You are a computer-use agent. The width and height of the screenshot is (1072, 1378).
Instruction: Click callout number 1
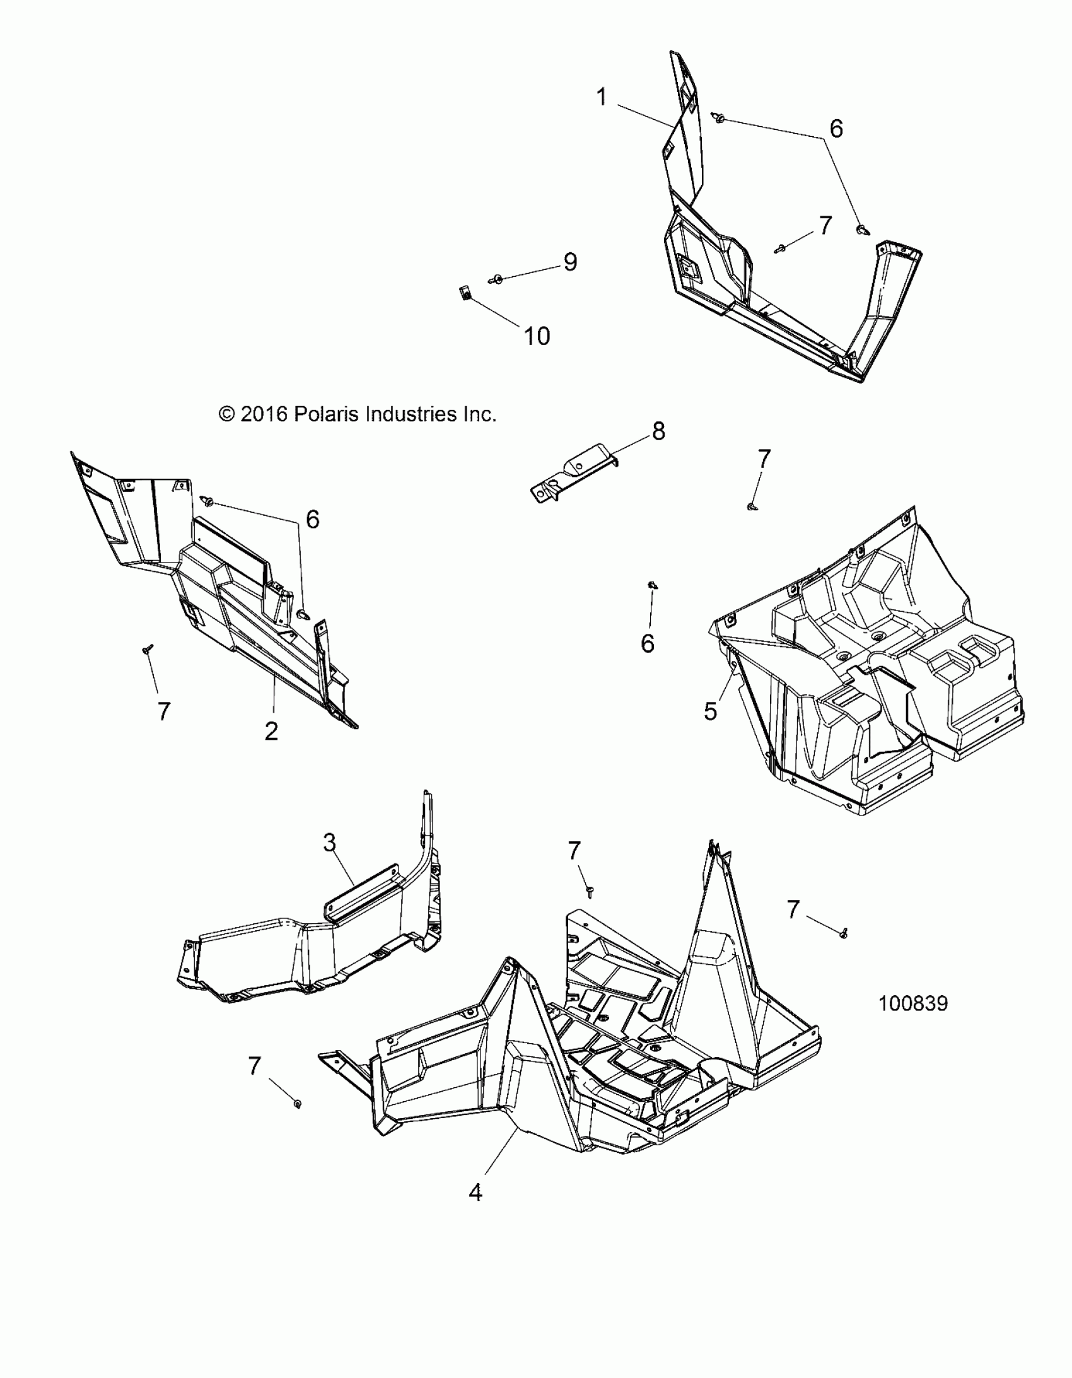[602, 97]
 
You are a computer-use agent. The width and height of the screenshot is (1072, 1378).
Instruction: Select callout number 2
[271, 732]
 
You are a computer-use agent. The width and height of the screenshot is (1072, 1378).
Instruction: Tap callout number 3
[329, 843]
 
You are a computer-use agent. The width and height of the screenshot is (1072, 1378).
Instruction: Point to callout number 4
[475, 1193]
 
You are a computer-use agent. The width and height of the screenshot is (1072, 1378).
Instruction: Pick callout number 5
[711, 711]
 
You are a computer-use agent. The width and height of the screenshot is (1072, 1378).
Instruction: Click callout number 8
[658, 431]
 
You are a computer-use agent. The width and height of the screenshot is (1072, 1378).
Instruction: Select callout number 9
[570, 262]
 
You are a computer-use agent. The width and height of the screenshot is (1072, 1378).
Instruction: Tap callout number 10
[537, 336]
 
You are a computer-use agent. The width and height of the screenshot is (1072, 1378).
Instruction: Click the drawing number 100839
[913, 1003]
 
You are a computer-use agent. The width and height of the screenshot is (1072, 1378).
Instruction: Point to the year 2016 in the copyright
[264, 414]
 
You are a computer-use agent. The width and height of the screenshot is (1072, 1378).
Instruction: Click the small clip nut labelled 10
[464, 293]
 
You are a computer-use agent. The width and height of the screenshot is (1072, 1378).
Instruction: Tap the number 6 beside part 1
[836, 129]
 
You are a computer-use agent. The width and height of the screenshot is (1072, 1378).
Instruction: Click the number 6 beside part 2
[312, 519]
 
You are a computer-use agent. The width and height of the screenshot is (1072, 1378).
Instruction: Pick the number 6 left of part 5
[648, 643]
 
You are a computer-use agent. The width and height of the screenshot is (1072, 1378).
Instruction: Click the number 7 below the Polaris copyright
[164, 712]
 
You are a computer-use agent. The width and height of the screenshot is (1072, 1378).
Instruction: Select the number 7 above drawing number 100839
[793, 909]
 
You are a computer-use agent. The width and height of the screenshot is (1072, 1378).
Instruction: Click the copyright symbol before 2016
[226, 414]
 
